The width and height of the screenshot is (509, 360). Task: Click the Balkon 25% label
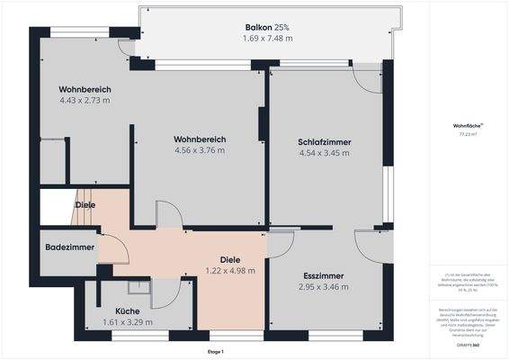(267, 27)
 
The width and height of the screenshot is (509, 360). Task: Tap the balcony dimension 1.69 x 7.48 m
(267, 39)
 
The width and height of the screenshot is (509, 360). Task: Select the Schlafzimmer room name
(325, 142)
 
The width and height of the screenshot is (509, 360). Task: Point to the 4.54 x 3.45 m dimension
(325, 154)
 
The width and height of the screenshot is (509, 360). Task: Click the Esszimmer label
(324, 275)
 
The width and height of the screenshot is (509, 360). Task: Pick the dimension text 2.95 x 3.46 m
(324, 287)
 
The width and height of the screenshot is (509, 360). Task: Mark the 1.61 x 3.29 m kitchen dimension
(127, 322)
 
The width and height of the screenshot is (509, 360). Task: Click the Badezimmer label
(69, 247)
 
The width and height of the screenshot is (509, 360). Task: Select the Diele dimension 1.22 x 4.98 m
(231, 270)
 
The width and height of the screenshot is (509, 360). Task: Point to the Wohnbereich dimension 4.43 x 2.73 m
(85, 101)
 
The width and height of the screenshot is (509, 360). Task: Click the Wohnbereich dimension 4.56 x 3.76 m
(199, 150)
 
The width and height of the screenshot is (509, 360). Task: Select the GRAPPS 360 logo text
(465, 346)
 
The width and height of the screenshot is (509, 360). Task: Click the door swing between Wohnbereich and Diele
(167, 214)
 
